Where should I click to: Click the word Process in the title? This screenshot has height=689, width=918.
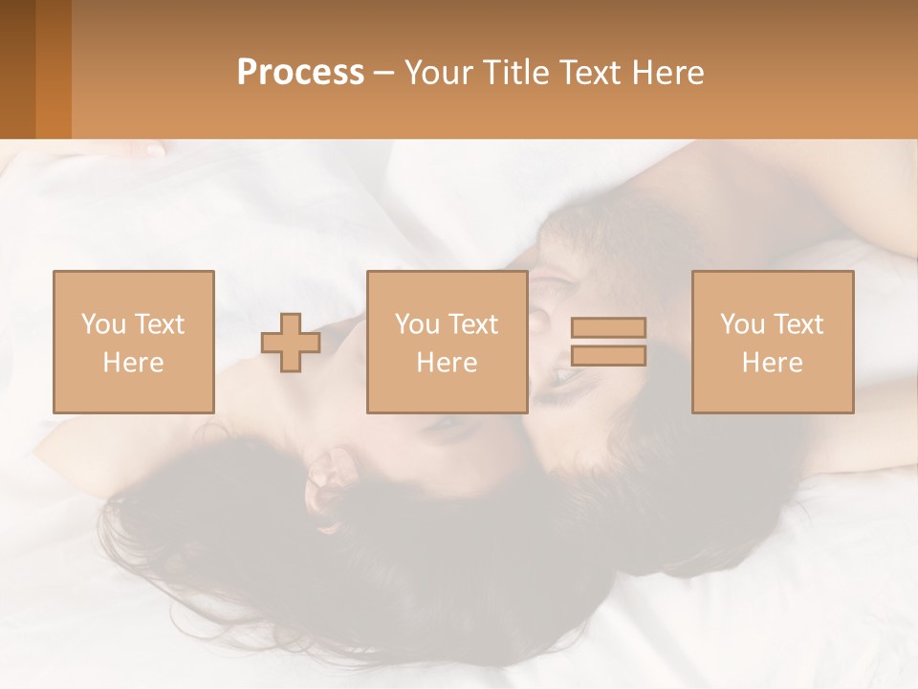coord(300,73)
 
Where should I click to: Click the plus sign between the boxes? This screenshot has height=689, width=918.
coord(291,343)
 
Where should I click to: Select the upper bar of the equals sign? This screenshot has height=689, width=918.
coord(608,327)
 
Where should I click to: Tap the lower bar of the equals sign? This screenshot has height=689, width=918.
coord(608,355)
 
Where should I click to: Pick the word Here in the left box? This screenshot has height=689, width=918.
coord(133,363)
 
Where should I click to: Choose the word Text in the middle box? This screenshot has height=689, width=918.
coord(473,324)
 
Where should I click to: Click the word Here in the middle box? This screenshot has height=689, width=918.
coord(447,363)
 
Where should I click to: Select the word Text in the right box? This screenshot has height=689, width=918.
coord(798,324)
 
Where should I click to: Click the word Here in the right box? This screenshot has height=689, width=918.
coord(772,363)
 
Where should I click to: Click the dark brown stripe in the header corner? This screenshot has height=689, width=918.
coord(17,69)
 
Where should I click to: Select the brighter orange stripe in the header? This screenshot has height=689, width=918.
coord(54,69)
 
